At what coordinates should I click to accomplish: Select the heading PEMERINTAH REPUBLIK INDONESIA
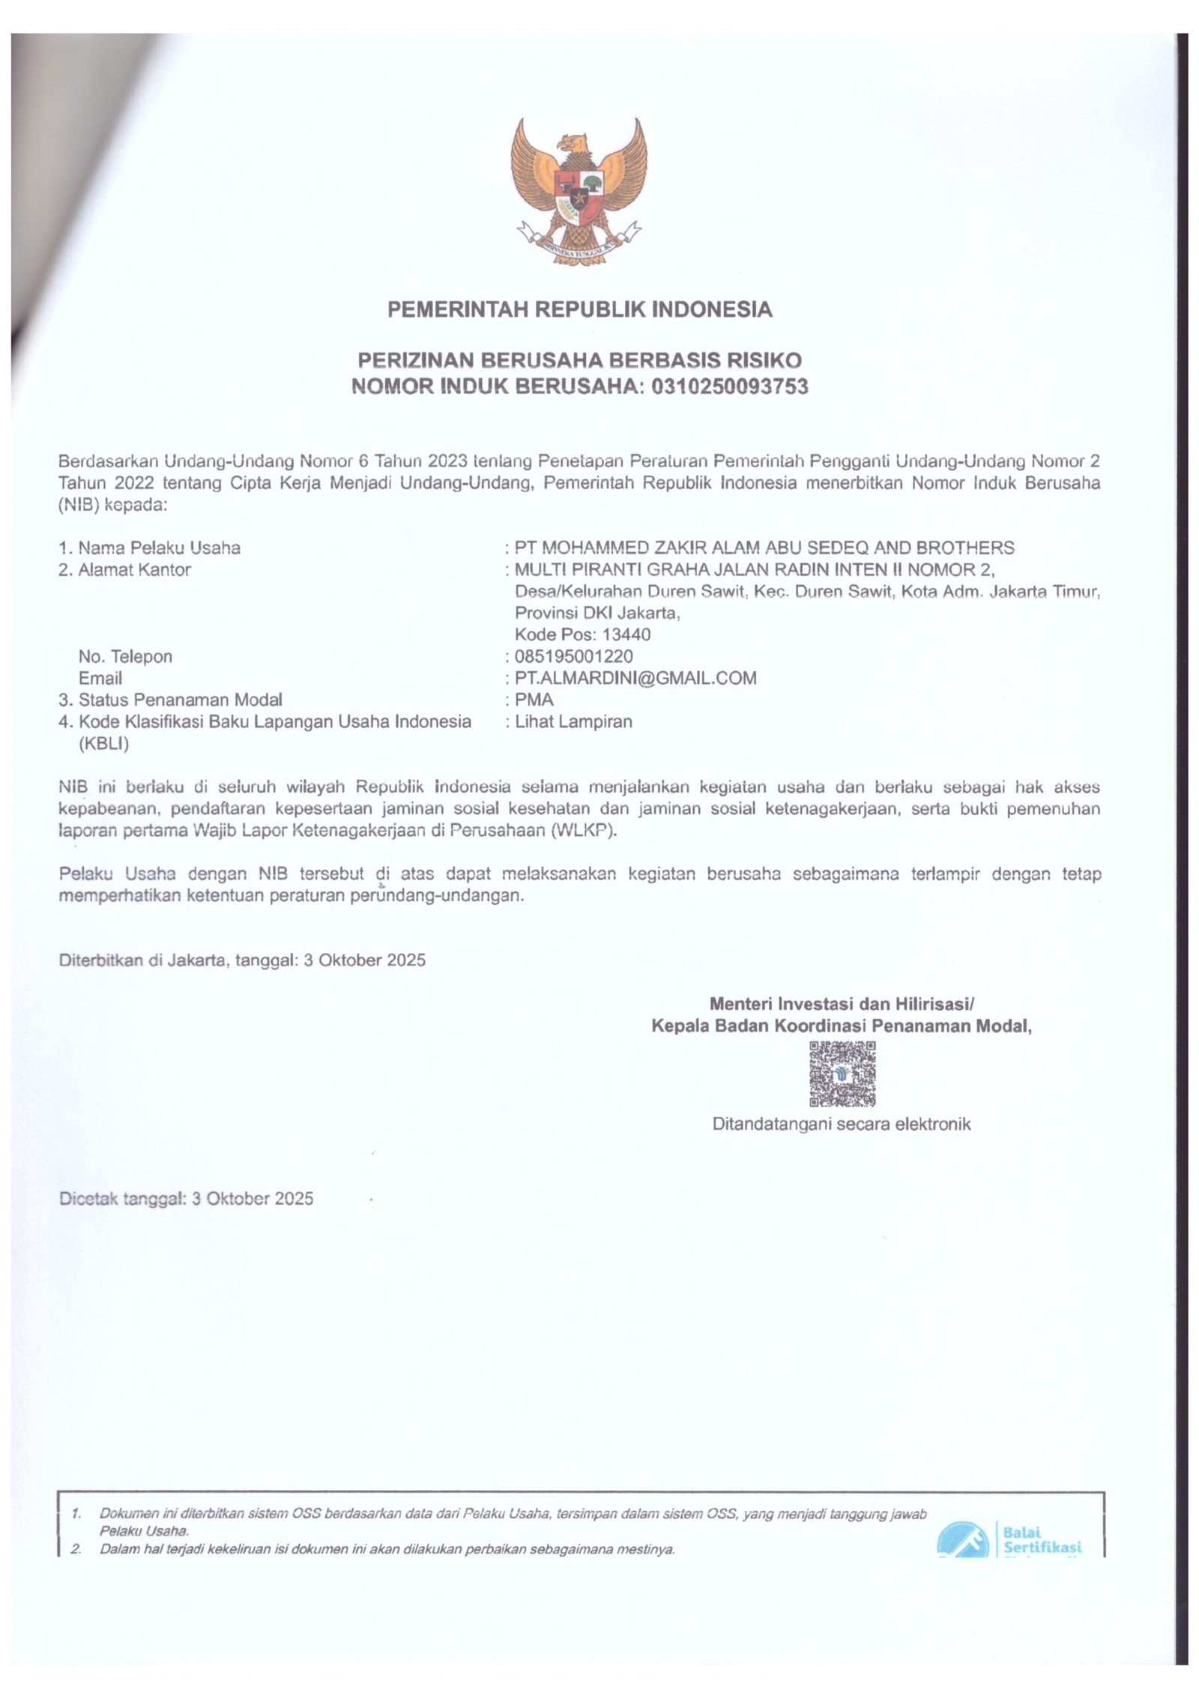[579, 309]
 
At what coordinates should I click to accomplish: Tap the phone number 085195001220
[573, 656]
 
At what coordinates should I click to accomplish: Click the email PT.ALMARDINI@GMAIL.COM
[635, 678]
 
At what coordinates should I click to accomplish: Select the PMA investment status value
[534, 700]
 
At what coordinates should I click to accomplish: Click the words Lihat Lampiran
[573, 721]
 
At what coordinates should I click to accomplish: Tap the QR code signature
[842, 1074]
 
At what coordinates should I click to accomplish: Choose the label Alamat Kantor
[134, 569]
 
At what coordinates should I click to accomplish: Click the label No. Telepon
[125, 656]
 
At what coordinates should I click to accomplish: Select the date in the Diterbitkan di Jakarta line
[365, 960]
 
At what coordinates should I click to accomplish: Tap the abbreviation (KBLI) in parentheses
[103, 744]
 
